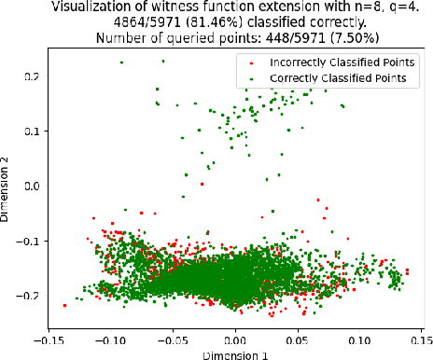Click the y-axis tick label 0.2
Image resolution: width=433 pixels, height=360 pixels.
coord(30,76)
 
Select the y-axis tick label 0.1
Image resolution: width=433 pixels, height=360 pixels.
coord(30,131)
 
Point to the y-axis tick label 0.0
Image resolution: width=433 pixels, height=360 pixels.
coord(30,186)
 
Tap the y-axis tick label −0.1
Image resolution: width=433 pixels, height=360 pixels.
coord(27,241)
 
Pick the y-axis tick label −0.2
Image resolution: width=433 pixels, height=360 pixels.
coord(27,296)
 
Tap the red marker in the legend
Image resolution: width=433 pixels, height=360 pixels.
coord(251,62)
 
